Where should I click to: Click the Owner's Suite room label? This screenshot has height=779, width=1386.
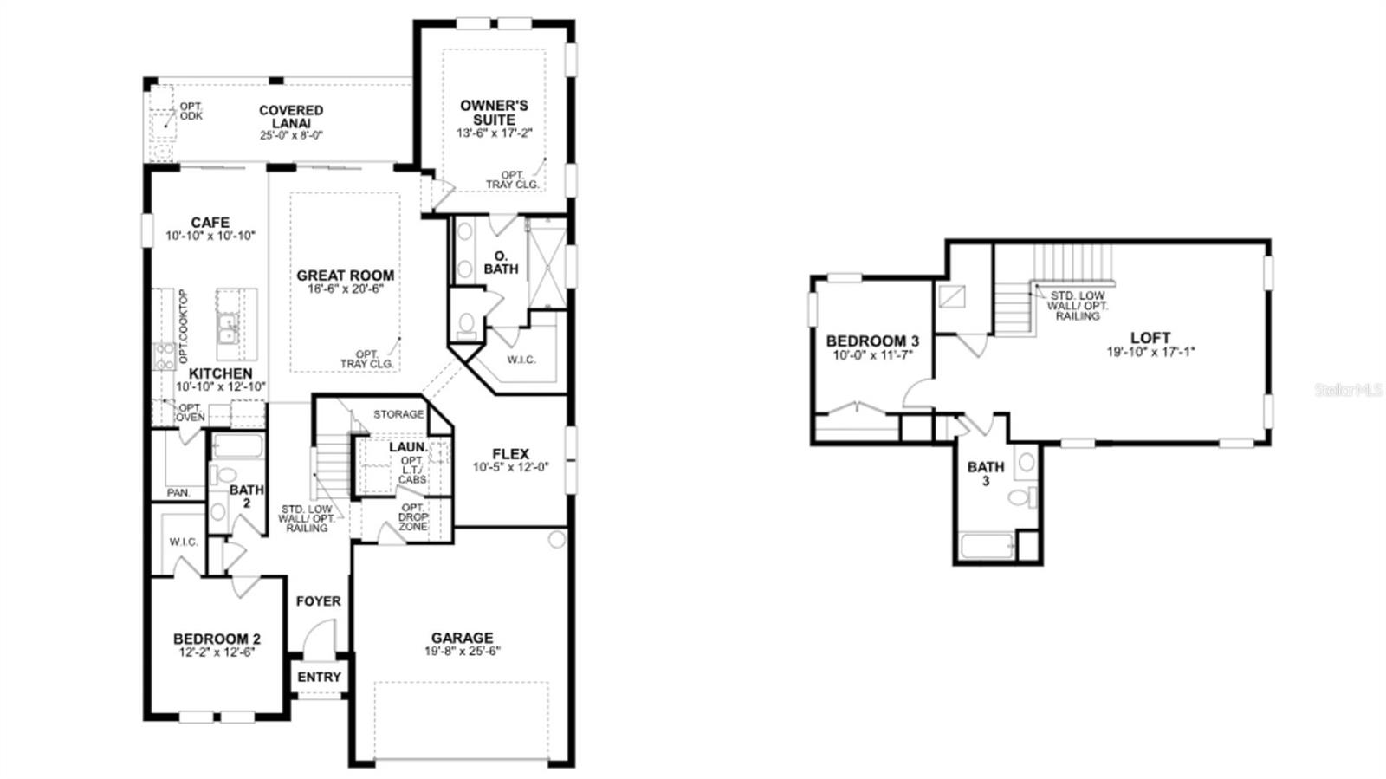pos(494,113)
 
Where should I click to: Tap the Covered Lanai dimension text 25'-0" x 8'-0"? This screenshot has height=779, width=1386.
pos(291,135)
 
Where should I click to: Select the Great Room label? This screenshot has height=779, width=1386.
pos(345,276)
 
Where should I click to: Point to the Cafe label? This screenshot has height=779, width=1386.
pos(210,223)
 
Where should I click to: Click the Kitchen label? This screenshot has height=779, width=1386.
pos(221,373)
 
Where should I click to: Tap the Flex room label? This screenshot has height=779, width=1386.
pos(510,454)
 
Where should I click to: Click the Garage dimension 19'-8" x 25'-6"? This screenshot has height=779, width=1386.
pos(462,651)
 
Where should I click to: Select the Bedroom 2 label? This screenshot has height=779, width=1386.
pos(217,639)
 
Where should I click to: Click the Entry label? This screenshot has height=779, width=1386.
pos(319,677)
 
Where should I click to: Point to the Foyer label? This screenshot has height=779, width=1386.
pos(318,600)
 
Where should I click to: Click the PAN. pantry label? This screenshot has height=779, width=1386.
pos(178,492)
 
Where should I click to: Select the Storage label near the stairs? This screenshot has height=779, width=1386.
pos(398,414)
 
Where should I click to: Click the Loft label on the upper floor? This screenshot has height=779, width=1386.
pos(1150,338)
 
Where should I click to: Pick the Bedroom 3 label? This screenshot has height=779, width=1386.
pos(871,341)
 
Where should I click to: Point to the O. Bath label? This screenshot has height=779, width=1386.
pos(501,263)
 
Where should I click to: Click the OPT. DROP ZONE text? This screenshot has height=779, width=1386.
pos(413,516)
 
